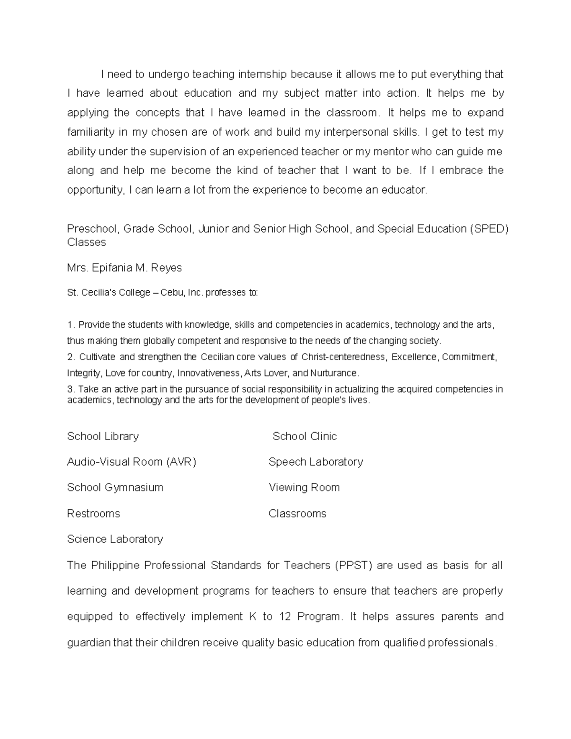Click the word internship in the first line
(x=262, y=74)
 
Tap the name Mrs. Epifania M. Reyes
(x=124, y=268)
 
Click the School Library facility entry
(x=103, y=436)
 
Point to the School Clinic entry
(x=305, y=436)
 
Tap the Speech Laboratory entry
(x=315, y=462)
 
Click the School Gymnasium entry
(x=115, y=488)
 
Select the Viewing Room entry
(x=304, y=488)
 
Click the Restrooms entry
(x=93, y=514)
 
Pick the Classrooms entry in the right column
(x=297, y=514)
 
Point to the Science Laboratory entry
(x=115, y=539)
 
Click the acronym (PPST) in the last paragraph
(x=354, y=565)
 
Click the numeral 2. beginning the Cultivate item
(x=71, y=357)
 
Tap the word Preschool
(x=91, y=229)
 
